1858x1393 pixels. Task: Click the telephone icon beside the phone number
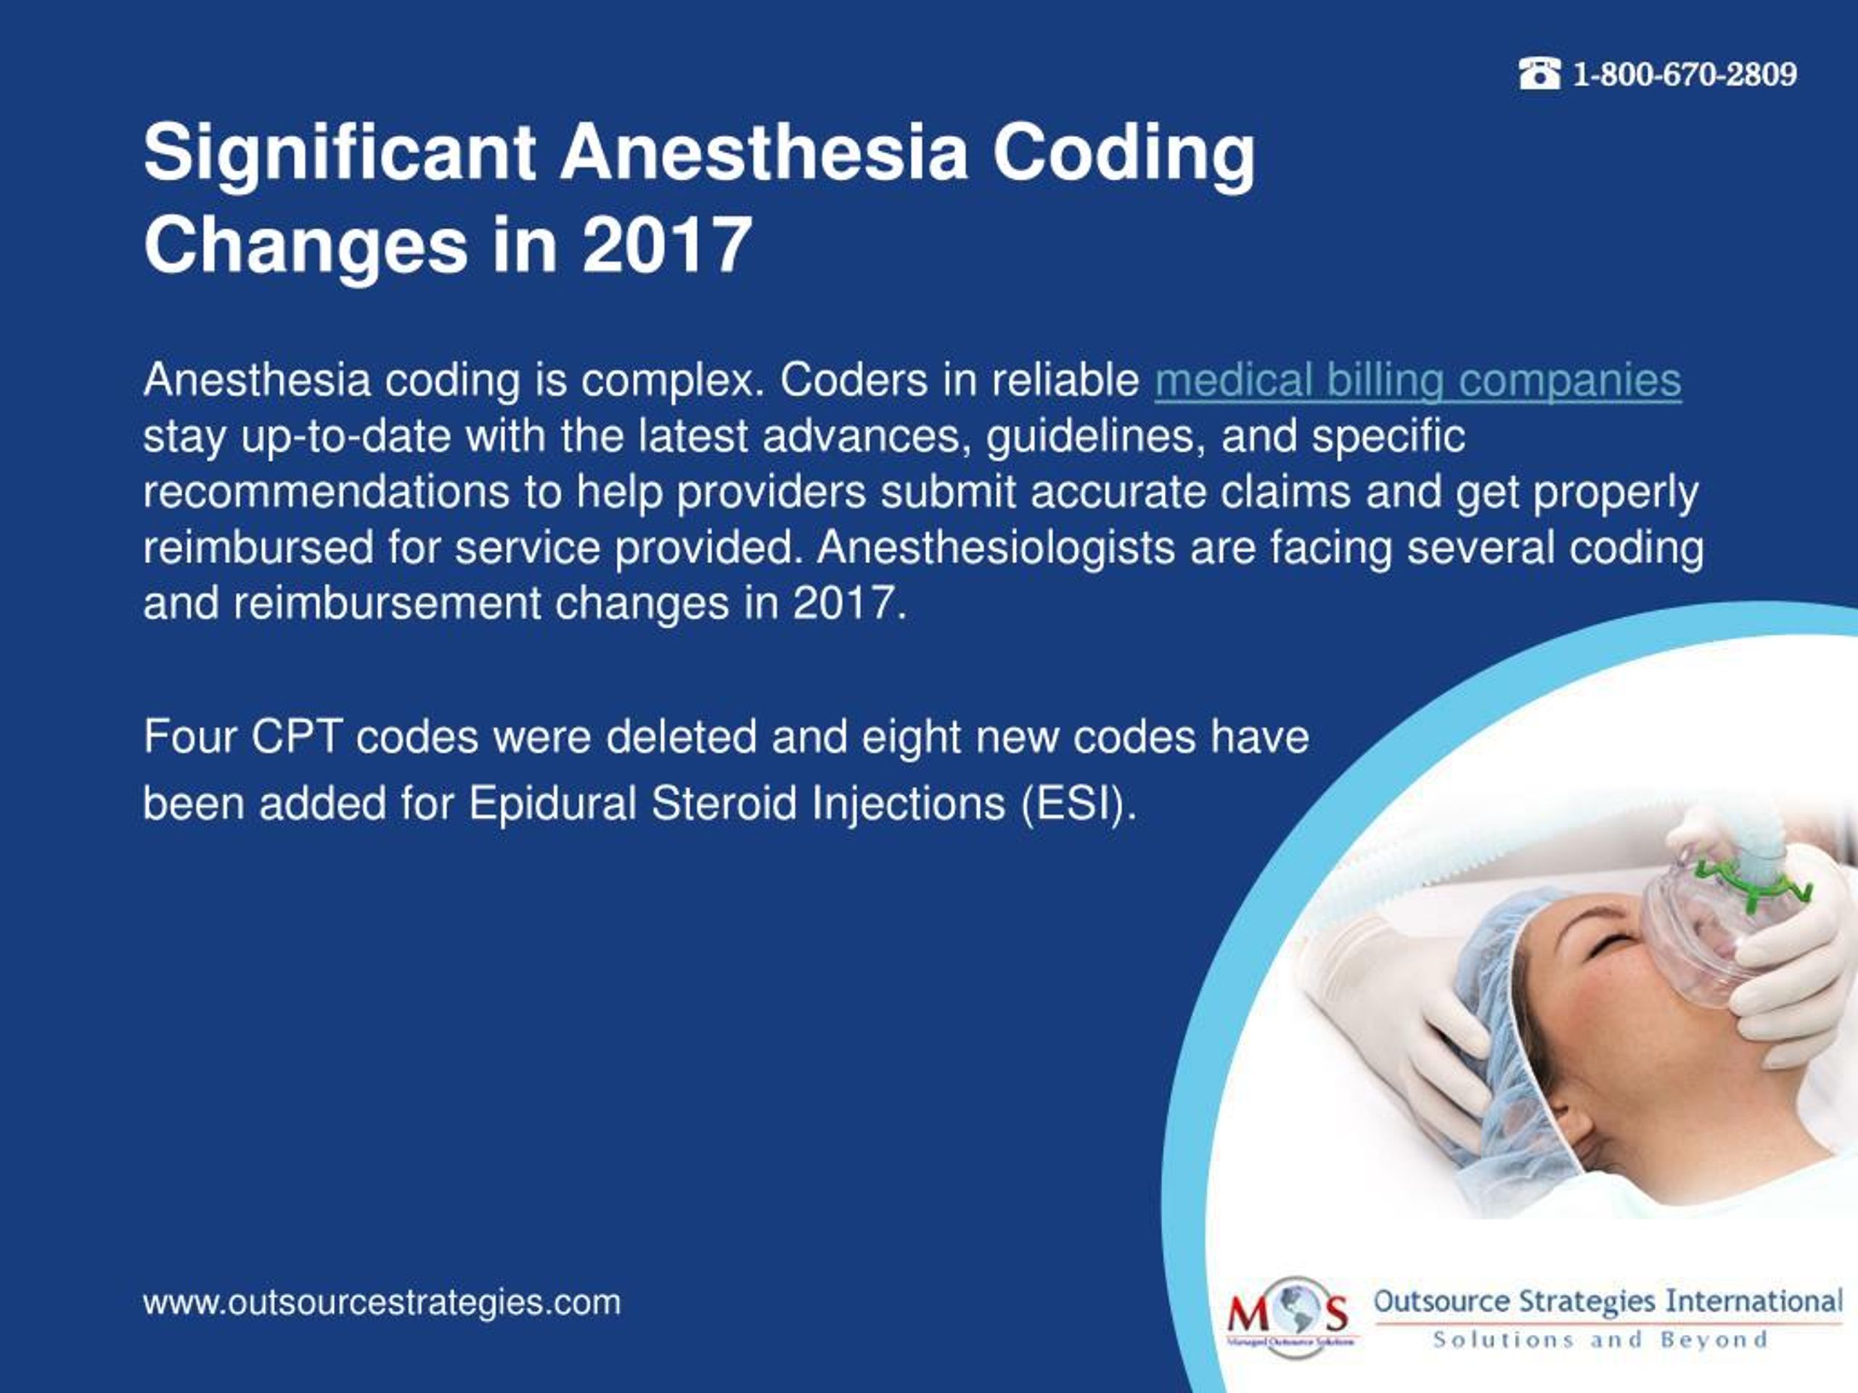click(1539, 74)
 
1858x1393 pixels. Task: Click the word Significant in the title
click(340, 154)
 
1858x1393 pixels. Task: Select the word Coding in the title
click(1124, 154)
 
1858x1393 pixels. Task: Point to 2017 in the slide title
click(666, 245)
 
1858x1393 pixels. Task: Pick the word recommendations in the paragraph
click(326, 492)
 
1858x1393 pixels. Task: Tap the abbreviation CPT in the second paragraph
click(295, 737)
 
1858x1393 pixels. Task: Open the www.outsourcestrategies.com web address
click(382, 1302)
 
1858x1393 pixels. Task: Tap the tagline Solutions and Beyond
click(1600, 1340)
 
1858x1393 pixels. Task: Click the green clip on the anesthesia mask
click(1751, 882)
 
